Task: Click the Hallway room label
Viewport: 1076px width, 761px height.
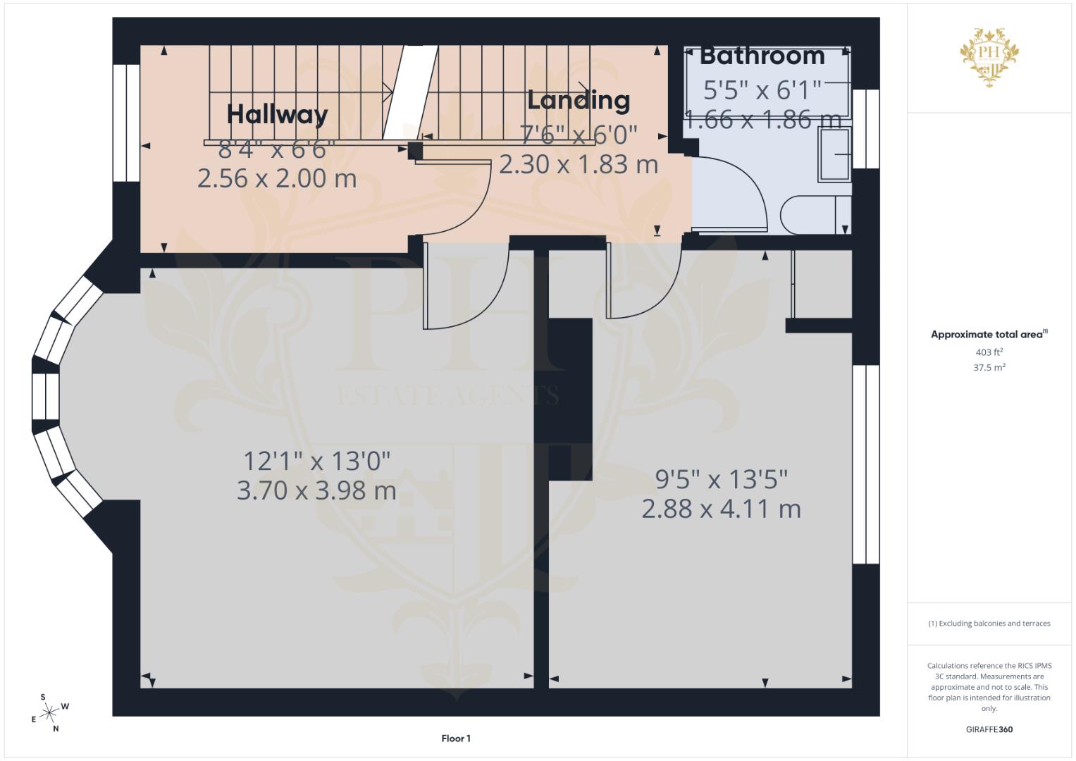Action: pyautogui.click(x=277, y=114)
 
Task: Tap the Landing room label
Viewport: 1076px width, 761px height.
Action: pyautogui.click(x=579, y=100)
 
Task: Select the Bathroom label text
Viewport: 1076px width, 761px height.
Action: pyautogui.click(x=762, y=56)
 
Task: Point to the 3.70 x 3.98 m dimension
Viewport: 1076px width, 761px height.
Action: pyautogui.click(x=316, y=490)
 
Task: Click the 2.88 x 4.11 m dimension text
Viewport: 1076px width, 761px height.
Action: pyautogui.click(x=722, y=509)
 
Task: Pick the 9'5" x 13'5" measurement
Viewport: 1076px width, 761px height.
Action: pyautogui.click(x=722, y=479)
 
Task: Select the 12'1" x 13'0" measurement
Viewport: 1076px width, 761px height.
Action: pyautogui.click(x=316, y=461)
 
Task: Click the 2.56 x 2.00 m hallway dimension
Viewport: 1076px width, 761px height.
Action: pyautogui.click(x=277, y=179)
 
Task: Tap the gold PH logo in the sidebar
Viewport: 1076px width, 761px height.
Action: pyautogui.click(x=989, y=57)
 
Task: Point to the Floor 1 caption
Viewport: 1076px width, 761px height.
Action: pyautogui.click(x=456, y=738)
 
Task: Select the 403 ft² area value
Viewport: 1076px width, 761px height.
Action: pyautogui.click(x=989, y=352)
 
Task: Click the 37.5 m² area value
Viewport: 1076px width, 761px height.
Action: pyautogui.click(x=989, y=368)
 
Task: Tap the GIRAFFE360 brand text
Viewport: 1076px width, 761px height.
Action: pyautogui.click(x=989, y=729)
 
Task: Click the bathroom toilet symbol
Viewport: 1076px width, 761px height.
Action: pyautogui.click(x=816, y=215)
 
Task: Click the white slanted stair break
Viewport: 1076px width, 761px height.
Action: pyautogui.click(x=410, y=93)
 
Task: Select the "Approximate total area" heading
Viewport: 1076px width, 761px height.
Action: pyautogui.click(x=989, y=335)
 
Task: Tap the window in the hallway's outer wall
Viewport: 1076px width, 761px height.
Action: pyautogui.click(x=126, y=123)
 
